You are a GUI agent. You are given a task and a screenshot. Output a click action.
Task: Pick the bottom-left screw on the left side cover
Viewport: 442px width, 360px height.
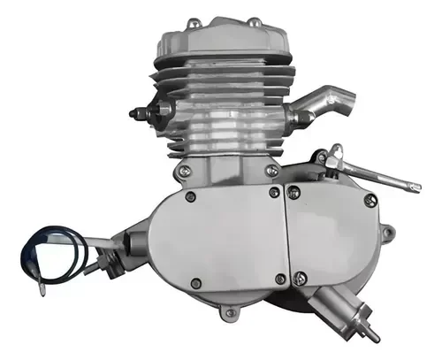[194, 283]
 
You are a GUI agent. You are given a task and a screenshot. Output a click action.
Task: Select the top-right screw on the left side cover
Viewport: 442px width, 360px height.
[274, 191]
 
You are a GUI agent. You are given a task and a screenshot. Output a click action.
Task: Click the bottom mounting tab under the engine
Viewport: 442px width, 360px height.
[231, 311]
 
